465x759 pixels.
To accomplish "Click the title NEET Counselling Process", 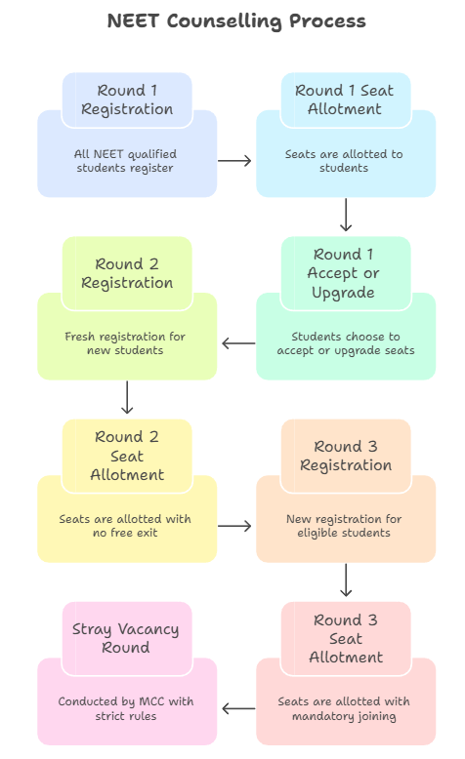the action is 236,21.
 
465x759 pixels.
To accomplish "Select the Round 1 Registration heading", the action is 127,100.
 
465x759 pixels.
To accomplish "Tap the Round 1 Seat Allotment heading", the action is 344,100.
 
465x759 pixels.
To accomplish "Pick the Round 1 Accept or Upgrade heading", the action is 343,273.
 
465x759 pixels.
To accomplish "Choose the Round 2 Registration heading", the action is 127,273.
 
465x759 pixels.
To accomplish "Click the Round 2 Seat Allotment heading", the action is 127,456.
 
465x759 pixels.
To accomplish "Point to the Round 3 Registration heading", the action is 346,456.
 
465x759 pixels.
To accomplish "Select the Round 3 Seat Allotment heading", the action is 346,638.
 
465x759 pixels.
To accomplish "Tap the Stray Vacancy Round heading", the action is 126,638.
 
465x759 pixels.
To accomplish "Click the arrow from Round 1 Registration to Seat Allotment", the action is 234,160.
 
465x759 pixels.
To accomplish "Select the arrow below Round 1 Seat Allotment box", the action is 346,215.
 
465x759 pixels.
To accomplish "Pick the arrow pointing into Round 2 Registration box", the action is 238,343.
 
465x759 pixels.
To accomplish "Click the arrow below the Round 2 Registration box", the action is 127,397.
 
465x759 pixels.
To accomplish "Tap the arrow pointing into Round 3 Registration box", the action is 234,526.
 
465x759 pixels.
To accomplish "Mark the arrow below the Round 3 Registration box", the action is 346,579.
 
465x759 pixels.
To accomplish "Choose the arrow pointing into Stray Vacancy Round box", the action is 238,708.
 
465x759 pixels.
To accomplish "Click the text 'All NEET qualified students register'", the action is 125,161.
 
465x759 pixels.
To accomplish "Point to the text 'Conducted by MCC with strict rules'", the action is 126,708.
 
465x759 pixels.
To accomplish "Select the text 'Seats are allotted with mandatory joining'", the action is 344,708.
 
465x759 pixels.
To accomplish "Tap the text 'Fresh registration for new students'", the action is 125,343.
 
